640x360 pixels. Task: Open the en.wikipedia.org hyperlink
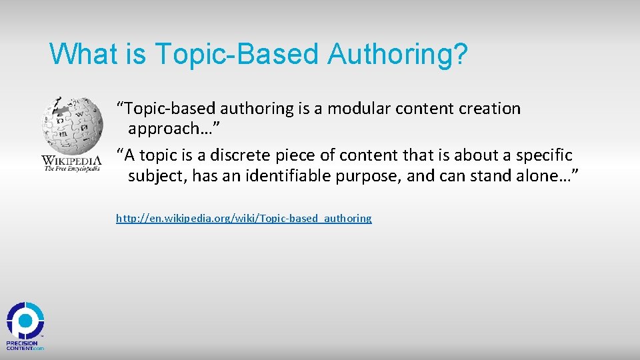[x=244, y=218]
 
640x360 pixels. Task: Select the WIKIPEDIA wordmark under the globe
[x=71, y=160]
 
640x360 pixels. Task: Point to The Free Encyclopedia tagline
[x=71, y=169]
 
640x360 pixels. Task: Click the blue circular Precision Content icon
[x=25, y=321]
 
